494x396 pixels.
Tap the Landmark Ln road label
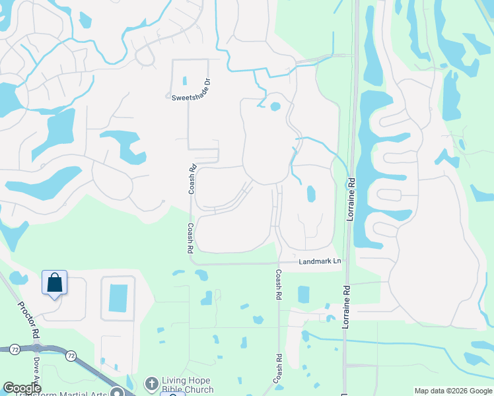(x=320, y=261)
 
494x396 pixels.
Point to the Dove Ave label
(x=36, y=373)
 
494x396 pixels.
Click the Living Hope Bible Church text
(x=187, y=384)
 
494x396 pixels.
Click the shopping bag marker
(x=54, y=283)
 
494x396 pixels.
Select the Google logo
(x=22, y=388)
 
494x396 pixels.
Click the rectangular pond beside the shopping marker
(x=118, y=298)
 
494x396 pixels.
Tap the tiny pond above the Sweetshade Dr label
(x=184, y=81)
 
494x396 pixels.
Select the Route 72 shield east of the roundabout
(x=70, y=356)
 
